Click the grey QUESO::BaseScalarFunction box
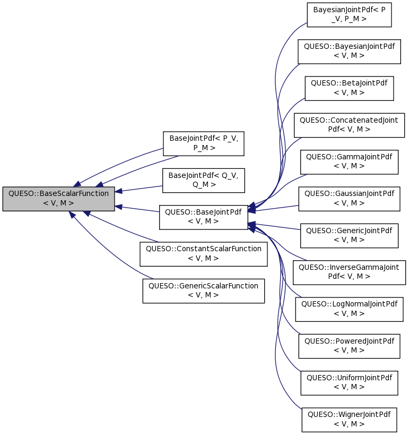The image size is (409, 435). pyautogui.click(x=58, y=199)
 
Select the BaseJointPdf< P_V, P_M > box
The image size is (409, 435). pyautogui.click(x=203, y=143)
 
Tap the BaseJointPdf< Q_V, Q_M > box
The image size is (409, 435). pyautogui.click(x=203, y=180)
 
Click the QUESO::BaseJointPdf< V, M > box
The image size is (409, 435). pyautogui.click(x=203, y=217)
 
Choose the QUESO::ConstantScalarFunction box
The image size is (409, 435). pyautogui.click(x=203, y=253)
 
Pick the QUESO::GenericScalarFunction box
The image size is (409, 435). pyautogui.click(x=203, y=291)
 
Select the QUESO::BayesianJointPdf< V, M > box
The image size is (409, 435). pyautogui.click(x=349, y=52)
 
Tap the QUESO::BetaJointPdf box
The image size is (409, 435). pyautogui.click(x=349, y=88)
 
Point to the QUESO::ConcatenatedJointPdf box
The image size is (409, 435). pyautogui.click(x=349, y=125)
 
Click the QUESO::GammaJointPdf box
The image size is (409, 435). pyautogui.click(x=349, y=162)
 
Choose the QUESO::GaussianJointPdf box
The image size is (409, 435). pyautogui.click(x=349, y=199)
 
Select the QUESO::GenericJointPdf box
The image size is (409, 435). pyautogui.click(x=349, y=235)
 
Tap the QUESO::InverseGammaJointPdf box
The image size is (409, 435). pyautogui.click(x=349, y=272)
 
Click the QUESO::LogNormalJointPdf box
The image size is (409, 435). pyautogui.click(x=349, y=309)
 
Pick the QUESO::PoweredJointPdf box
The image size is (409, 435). pyautogui.click(x=349, y=345)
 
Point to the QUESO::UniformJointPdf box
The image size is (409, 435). pyautogui.click(x=349, y=382)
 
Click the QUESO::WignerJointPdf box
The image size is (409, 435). pyautogui.click(x=349, y=419)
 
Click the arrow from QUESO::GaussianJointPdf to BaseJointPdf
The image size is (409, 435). pyautogui.click(x=276, y=207)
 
